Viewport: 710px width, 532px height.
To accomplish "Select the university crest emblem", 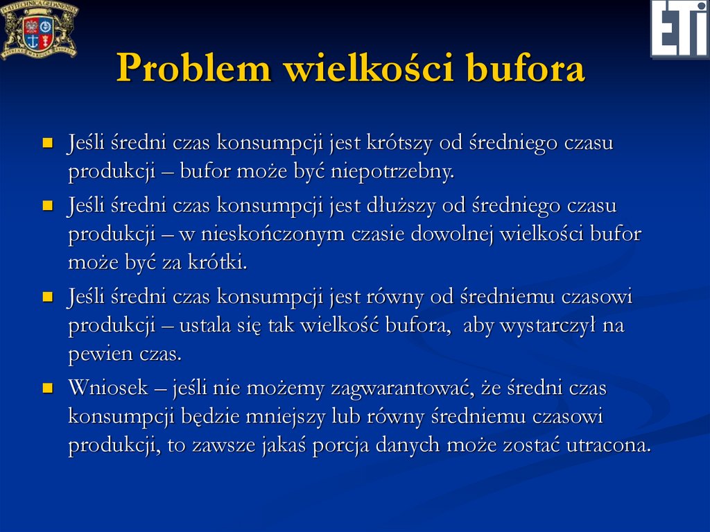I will (x=38, y=29).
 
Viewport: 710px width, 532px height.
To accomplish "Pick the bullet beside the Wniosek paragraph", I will (x=47, y=389).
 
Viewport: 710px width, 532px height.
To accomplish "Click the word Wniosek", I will (x=107, y=388).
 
